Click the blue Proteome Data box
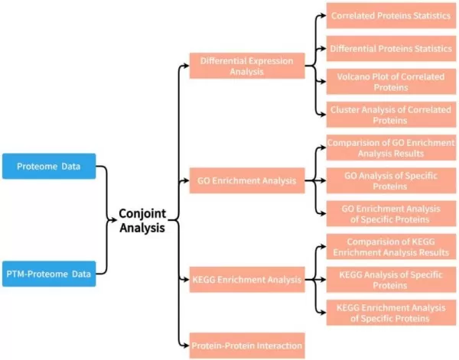pyautogui.click(x=49, y=166)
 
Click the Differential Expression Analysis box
pyautogui.click(x=246, y=66)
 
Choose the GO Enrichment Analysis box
pyautogui.click(x=246, y=183)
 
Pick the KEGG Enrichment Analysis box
pyautogui.click(x=246, y=280)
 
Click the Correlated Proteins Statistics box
pyautogui.click(x=391, y=15)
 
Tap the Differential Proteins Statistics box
pyautogui.click(x=391, y=48)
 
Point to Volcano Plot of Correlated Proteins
pyautogui.click(x=391, y=82)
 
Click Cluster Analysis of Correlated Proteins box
pyautogui.click(x=391, y=115)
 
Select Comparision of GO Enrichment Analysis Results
pyautogui.click(x=391, y=148)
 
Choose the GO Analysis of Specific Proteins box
pyautogui.click(x=391, y=181)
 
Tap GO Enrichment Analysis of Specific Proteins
pyautogui.click(x=391, y=214)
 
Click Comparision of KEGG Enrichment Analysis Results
pyautogui.click(x=391, y=248)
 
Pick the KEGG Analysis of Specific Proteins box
pyautogui.click(x=391, y=280)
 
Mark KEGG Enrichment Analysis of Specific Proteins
pyautogui.click(x=391, y=313)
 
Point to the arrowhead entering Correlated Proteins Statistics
pyautogui.click(x=322, y=15)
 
